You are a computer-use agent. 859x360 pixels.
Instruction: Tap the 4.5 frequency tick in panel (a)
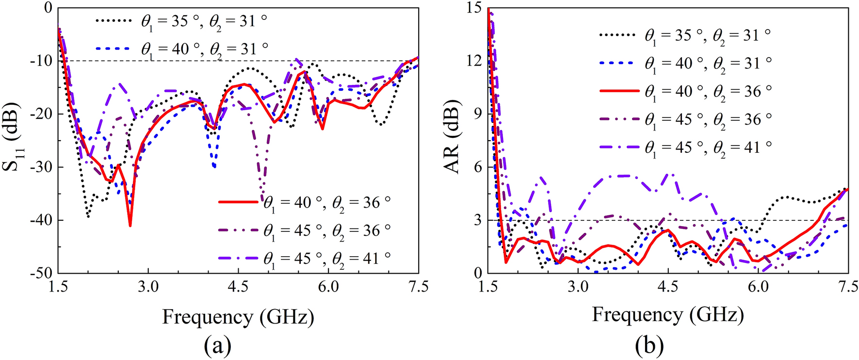[x=238, y=286]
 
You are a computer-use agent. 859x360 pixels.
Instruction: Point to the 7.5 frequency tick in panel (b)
[x=848, y=286]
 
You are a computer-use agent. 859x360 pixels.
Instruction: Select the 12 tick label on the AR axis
[x=473, y=61]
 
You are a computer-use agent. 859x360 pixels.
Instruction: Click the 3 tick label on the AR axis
[x=477, y=220]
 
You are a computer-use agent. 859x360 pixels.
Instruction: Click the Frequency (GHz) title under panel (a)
[x=238, y=317]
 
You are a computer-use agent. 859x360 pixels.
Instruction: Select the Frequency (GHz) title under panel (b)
[x=667, y=315]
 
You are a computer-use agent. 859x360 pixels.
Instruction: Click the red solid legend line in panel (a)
[x=238, y=202]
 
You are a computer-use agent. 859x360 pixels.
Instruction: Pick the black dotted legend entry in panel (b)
[x=617, y=35]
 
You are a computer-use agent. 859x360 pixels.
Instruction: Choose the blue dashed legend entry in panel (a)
[x=113, y=49]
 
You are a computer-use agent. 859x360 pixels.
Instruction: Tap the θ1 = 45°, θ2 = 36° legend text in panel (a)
[x=326, y=230]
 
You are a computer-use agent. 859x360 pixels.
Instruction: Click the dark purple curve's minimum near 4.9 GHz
[x=262, y=194]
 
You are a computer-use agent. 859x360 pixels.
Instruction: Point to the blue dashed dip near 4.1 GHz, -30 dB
[x=214, y=167]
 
